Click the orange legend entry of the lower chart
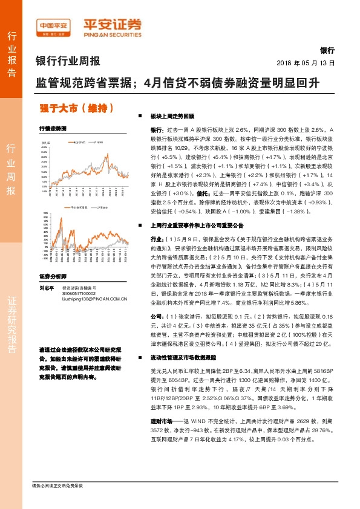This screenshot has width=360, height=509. pos(77,207)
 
